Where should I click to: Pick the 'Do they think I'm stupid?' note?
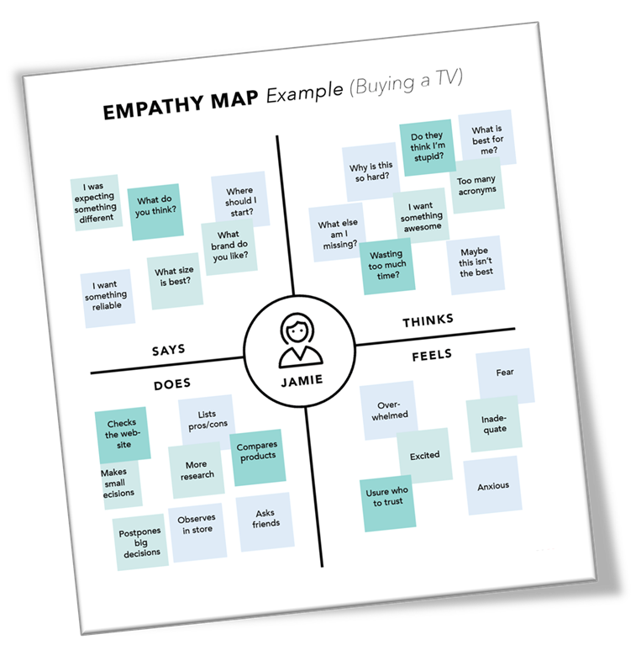(428, 146)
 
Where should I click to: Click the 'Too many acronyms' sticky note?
(476, 185)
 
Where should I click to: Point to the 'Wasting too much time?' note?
(386, 265)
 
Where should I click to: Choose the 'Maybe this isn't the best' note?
(476, 262)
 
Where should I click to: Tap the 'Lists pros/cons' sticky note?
(207, 420)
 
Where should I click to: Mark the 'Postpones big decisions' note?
(141, 542)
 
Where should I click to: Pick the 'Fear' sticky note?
(505, 373)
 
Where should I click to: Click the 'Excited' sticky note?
(424, 455)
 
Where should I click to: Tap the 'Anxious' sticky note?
(493, 486)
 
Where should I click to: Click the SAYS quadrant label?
(169, 350)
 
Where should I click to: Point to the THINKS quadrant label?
(428, 320)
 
